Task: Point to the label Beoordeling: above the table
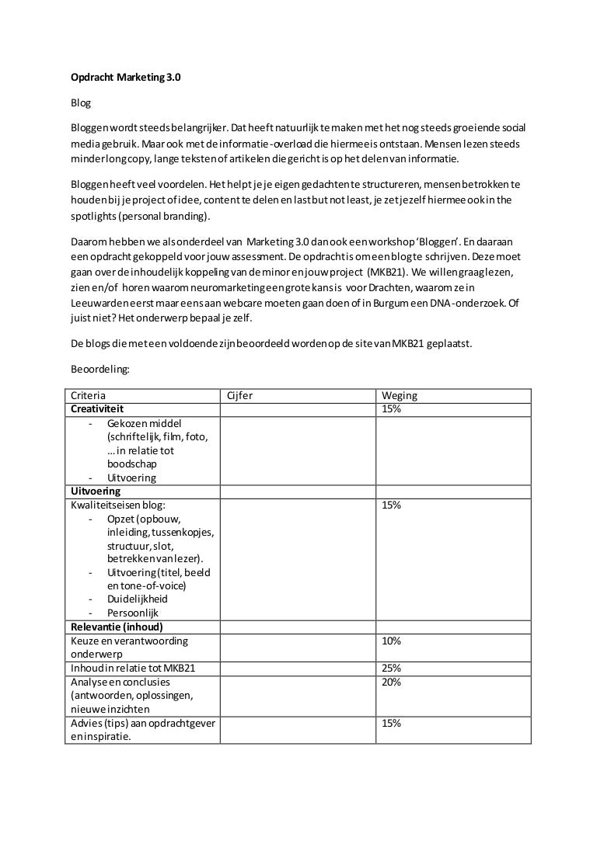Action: pos(101,372)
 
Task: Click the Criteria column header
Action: pos(89,396)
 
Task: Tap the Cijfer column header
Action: pos(239,396)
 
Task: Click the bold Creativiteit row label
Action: pos(98,409)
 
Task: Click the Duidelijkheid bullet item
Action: pos(138,599)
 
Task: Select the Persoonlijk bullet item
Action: pos(133,613)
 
